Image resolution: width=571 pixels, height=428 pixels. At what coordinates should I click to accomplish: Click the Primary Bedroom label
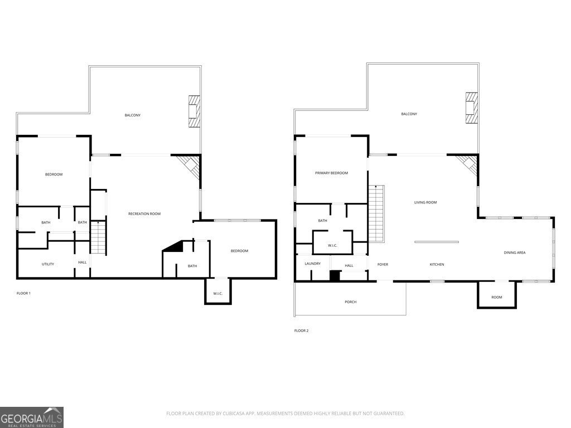point(331,173)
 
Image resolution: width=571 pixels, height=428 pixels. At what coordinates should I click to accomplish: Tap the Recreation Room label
point(144,214)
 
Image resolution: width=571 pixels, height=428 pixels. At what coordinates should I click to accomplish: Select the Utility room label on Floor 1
point(48,264)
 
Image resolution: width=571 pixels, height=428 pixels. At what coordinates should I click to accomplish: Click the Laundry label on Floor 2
point(312,264)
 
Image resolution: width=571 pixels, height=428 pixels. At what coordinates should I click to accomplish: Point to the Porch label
point(350,302)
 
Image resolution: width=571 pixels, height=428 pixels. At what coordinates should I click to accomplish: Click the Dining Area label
point(515,252)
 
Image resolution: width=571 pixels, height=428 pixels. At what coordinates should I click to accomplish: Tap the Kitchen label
point(437,265)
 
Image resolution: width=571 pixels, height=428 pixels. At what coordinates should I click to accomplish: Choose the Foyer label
point(383,265)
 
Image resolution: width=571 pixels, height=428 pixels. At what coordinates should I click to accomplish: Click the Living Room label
point(425,202)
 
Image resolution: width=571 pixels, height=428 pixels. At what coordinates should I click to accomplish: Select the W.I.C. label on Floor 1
point(218,294)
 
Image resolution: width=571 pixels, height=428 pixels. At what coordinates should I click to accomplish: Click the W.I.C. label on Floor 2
point(332,246)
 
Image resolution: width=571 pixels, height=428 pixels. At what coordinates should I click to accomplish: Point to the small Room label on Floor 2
point(497,298)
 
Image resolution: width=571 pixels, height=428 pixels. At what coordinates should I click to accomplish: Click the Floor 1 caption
point(23,293)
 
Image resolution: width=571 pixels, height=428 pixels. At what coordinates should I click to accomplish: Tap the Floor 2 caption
point(301,331)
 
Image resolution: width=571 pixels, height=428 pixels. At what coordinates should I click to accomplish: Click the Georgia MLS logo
point(32,417)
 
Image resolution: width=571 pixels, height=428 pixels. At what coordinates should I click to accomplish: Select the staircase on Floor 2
point(376,213)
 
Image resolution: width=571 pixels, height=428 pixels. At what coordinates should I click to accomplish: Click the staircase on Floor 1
point(98,237)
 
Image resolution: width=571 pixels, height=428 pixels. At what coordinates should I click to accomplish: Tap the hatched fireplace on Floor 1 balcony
point(195,111)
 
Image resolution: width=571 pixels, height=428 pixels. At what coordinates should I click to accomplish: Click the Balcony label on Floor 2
point(409,114)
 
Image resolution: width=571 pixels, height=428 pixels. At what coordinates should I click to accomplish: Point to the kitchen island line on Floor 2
point(437,242)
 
